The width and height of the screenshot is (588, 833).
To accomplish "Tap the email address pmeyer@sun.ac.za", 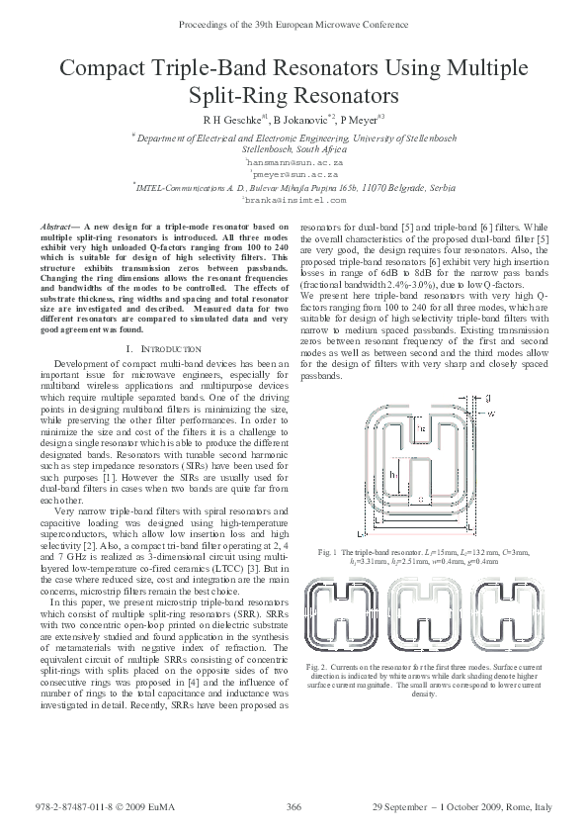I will pyautogui.click(x=294, y=173).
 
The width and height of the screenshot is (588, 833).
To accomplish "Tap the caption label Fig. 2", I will pyautogui.click(x=316, y=668).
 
